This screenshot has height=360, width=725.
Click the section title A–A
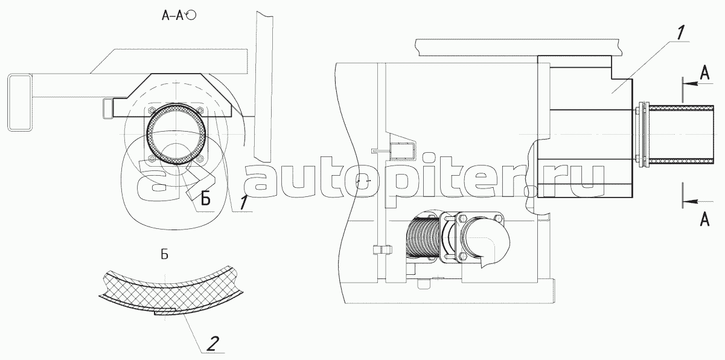tap(173, 15)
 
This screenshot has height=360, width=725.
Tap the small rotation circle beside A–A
tap(191, 15)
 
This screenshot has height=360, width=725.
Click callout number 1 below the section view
tap(243, 202)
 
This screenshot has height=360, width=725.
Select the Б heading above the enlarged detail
tap(164, 255)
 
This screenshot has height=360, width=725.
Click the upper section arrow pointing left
tap(697, 84)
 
